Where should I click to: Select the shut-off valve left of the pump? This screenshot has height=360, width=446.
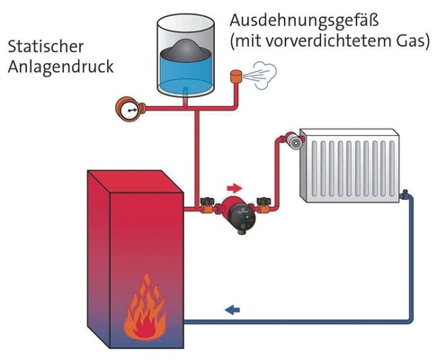coord(208,206)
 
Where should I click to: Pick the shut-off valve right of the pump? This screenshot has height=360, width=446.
coord(263,205)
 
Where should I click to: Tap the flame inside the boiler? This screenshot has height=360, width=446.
coord(142,310)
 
